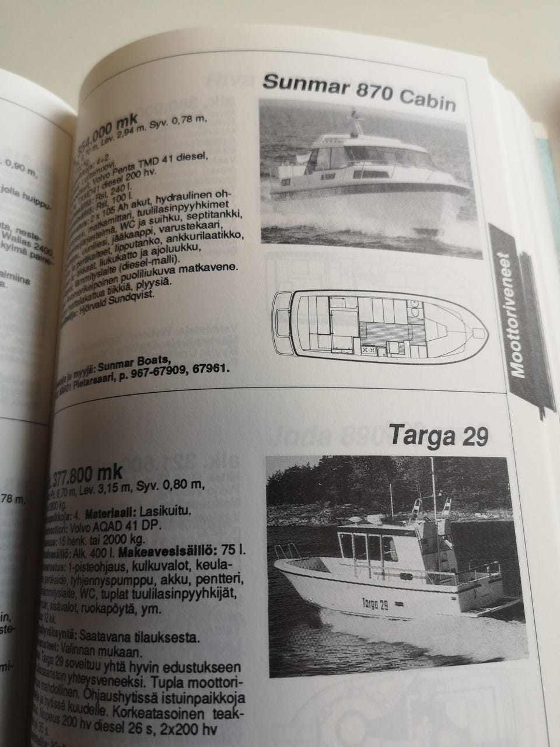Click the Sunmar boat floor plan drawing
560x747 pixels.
pos(379,322)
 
